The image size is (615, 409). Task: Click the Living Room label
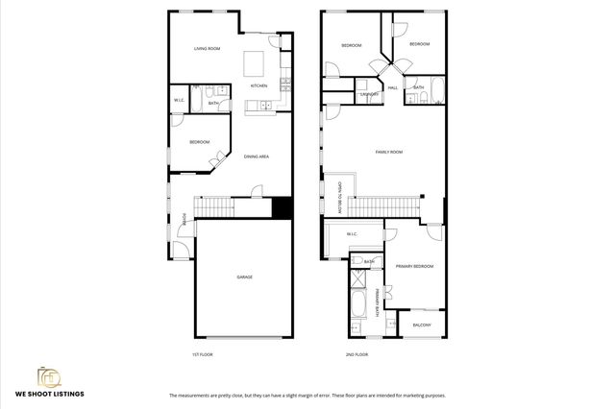click(209, 47)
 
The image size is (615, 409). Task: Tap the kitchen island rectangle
click(254, 63)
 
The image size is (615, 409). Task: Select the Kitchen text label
click(258, 85)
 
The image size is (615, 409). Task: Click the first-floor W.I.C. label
click(179, 100)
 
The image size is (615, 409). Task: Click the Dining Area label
click(256, 156)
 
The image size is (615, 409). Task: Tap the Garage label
click(245, 277)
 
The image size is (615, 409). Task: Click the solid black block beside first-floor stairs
click(282, 207)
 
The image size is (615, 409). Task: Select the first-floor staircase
click(214, 206)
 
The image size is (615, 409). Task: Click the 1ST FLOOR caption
click(202, 354)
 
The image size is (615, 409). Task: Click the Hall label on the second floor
click(393, 87)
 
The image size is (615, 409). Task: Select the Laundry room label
click(367, 95)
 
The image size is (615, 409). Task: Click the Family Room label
click(388, 152)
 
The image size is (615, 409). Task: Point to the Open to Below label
click(337, 199)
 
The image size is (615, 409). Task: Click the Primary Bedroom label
click(414, 266)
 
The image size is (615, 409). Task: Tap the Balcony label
click(422, 325)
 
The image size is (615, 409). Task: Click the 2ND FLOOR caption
click(356, 354)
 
